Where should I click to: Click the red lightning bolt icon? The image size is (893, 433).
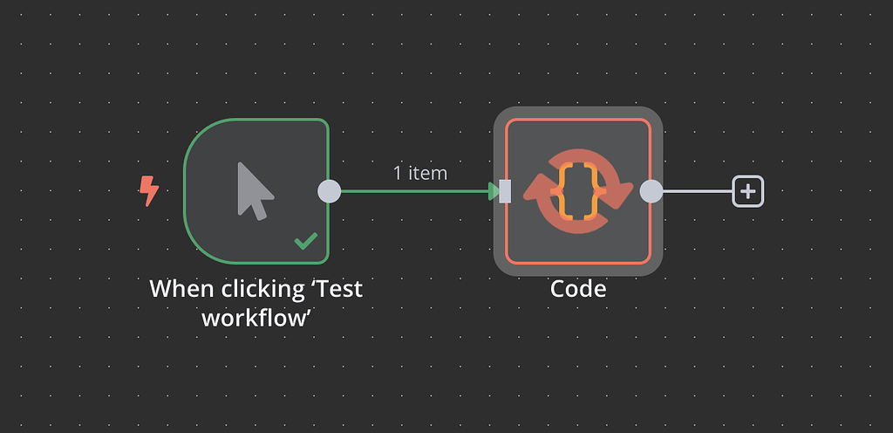click(x=149, y=190)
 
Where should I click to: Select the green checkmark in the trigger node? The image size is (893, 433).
click(x=305, y=241)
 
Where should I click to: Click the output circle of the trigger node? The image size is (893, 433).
click(x=329, y=190)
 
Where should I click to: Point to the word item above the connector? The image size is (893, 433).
click(x=427, y=173)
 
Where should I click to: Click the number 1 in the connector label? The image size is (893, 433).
click(x=399, y=173)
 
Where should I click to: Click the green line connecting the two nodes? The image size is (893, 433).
click(x=410, y=190)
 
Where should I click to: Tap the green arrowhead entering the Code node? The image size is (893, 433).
click(x=494, y=190)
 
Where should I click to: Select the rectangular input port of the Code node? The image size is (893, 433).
click(x=505, y=190)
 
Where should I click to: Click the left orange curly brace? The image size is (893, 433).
click(x=565, y=190)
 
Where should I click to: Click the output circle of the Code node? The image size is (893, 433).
click(x=651, y=190)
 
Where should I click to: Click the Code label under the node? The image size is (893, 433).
click(x=577, y=288)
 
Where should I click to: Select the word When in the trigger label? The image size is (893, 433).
click(x=181, y=288)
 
